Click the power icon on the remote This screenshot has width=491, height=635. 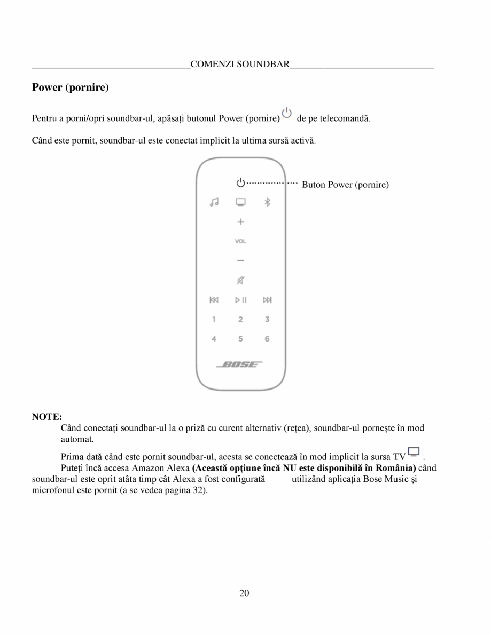click(x=240, y=183)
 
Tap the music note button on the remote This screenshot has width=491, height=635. click(x=214, y=202)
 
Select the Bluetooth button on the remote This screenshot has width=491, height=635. click(x=268, y=202)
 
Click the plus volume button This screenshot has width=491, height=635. click(x=240, y=221)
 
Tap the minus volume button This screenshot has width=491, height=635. click(x=240, y=260)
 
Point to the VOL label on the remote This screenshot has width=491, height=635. click(x=240, y=241)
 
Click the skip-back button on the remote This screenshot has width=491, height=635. click(x=214, y=300)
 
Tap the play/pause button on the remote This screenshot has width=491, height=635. click(x=241, y=300)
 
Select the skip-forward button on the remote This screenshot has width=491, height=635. click(x=267, y=300)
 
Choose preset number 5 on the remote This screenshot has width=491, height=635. click(x=240, y=339)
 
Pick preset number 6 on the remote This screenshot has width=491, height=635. click(x=267, y=339)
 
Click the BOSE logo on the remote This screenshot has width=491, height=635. click(x=239, y=364)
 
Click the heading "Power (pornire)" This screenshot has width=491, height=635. click(x=71, y=88)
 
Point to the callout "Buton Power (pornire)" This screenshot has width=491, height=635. click(x=345, y=185)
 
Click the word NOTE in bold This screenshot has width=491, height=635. click(x=47, y=416)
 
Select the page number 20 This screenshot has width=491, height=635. click(x=245, y=593)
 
